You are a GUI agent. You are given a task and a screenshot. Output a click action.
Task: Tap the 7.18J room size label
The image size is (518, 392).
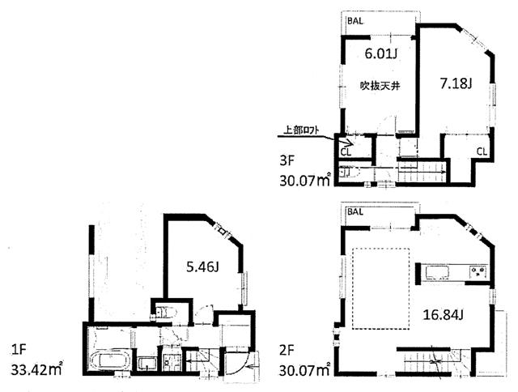tap(456, 83)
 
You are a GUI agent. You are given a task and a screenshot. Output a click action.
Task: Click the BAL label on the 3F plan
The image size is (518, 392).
tap(355, 21)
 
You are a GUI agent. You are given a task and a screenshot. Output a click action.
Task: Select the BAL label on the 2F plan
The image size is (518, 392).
tap(355, 212)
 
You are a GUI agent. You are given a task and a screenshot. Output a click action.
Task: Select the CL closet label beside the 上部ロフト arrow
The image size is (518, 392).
tap(346, 150)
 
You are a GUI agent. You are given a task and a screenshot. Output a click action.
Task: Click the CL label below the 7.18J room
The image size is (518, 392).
tap(481, 151)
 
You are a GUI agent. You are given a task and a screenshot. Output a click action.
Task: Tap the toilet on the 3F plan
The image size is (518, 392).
tap(347, 172)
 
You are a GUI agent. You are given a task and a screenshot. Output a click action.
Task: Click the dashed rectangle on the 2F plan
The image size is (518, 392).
tap(384, 288)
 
